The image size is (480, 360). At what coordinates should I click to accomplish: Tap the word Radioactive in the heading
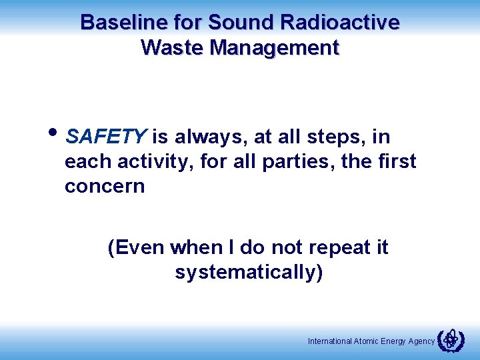[341, 23]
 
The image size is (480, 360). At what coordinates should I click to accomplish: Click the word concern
[105, 186]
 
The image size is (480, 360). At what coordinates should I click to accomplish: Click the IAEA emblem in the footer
[451, 340]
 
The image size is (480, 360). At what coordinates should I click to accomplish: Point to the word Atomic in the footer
[366, 341]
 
